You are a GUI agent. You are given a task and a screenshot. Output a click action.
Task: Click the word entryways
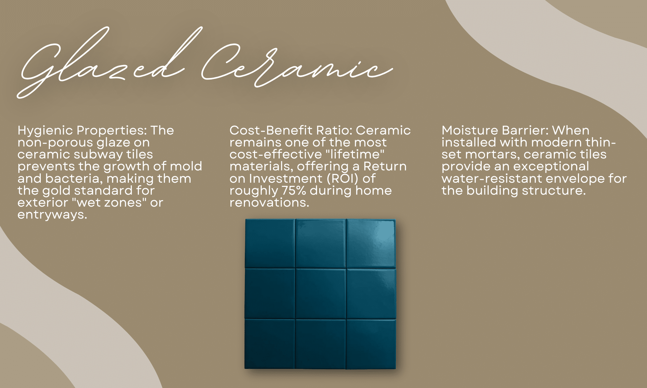point(52,215)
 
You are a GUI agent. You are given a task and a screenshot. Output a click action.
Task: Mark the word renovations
point(269,203)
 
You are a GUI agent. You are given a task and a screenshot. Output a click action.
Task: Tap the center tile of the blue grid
point(320,294)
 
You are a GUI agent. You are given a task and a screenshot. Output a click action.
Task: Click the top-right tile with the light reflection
point(371,243)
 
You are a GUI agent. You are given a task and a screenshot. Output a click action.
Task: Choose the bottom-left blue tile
point(270,344)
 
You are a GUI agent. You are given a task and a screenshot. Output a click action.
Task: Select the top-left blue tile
point(270,243)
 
